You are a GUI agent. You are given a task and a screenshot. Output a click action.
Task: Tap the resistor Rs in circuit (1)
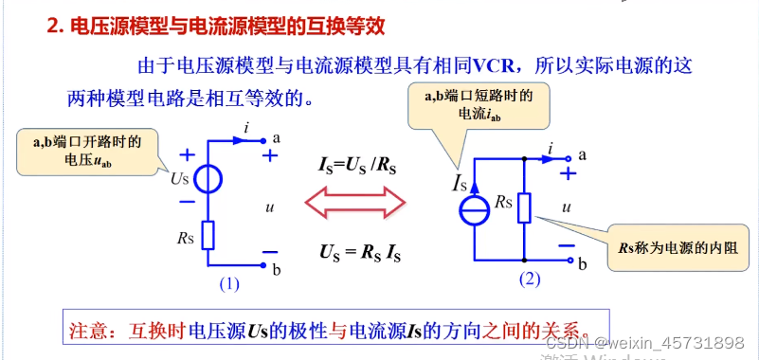(x=208, y=234)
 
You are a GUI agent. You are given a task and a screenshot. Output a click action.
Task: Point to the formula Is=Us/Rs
(x=357, y=163)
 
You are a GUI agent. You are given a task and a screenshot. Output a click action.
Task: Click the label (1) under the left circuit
(x=229, y=282)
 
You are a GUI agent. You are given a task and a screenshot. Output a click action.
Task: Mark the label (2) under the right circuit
(x=529, y=279)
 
